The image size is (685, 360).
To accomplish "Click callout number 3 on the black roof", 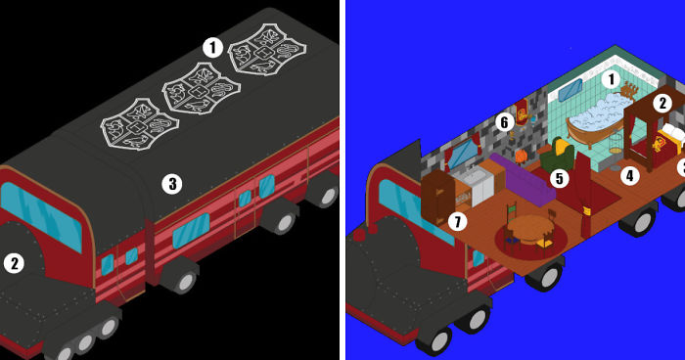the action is coord(172,184).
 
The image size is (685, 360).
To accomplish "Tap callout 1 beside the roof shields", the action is coord(212,47).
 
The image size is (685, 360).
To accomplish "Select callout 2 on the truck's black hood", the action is coord(14,263).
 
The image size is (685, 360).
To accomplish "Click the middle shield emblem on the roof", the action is coord(201,90).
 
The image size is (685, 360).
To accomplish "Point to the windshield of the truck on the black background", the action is coord(41,216).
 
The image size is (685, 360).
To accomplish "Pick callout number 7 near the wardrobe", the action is coord(457,222).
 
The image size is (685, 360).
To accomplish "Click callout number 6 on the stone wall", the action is coord(505,122).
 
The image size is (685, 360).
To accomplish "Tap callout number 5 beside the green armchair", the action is coord(559,178).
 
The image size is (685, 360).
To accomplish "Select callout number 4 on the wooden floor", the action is coord(629,175).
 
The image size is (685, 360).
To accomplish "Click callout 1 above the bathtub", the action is coord(612,79).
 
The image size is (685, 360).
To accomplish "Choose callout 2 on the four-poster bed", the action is coord(662,104).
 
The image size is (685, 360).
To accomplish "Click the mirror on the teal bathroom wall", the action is coord(571,90).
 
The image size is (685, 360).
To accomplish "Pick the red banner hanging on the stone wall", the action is coord(522,112).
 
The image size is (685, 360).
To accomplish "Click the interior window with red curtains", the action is coord(462,154).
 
